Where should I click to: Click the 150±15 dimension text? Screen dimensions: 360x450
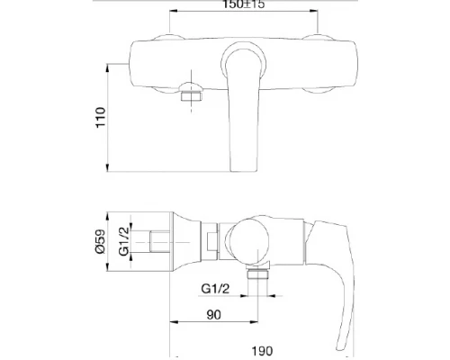click(x=243, y=5)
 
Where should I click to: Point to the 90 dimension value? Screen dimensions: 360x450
click(x=213, y=315)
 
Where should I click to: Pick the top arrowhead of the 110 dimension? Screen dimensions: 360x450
click(x=109, y=67)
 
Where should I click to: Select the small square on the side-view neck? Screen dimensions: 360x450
click(x=212, y=240)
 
